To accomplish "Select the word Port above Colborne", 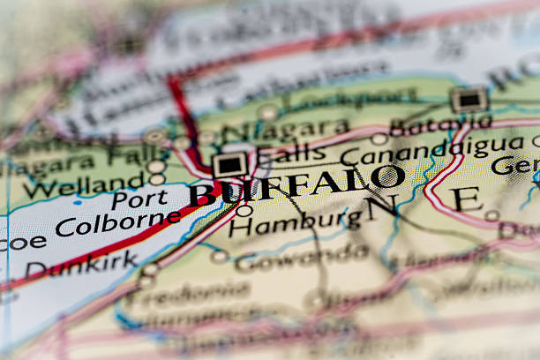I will coord(139,199).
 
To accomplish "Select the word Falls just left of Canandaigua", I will coord(295,154).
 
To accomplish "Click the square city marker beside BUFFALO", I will coord(230,164).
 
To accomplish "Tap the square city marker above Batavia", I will coord(469,99).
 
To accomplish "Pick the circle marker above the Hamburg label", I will coord(244,210).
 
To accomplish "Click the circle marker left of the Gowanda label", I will coord(219,257).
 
